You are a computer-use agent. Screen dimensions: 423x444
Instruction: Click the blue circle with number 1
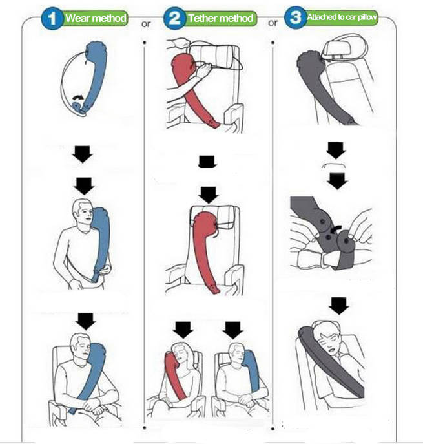tap(52, 19)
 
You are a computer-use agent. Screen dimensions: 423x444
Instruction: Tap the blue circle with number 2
tap(174, 18)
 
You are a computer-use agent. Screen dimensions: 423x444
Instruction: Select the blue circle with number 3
tap(295, 17)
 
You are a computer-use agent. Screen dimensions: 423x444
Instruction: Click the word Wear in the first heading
tap(76, 18)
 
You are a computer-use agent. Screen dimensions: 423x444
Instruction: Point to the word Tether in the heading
tap(203, 18)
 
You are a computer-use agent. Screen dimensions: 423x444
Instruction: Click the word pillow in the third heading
tap(367, 17)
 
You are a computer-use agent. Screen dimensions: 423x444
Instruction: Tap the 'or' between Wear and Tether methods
tap(146, 24)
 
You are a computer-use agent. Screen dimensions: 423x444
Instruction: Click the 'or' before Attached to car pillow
tap(273, 23)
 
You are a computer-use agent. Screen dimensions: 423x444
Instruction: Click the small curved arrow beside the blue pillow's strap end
tap(78, 97)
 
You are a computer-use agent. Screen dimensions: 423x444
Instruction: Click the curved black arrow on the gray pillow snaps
tap(336, 228)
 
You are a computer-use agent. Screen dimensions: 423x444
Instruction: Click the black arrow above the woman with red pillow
tap(183, 330)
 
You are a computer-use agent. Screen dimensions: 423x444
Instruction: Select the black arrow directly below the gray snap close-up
tap(338, 306)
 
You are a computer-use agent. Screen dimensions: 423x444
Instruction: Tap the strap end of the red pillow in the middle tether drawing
tap(214, 289)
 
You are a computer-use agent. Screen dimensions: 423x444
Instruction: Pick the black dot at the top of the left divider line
tap(145, 43)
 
